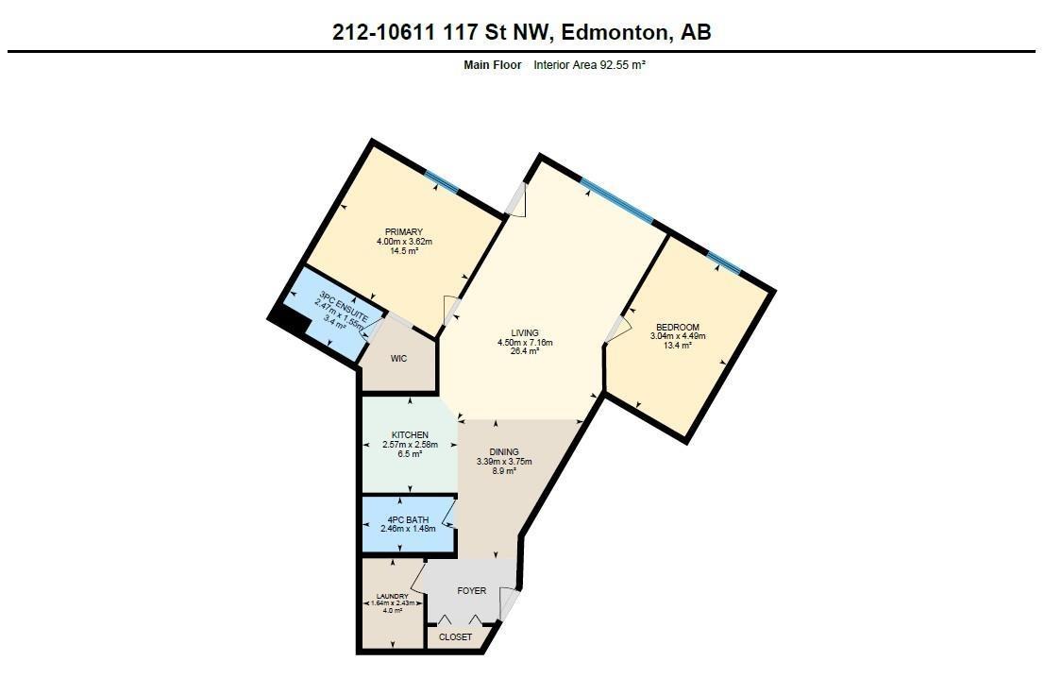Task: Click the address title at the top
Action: (x=522, y=31)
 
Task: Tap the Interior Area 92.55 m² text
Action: (x=589, y=65)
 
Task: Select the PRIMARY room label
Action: (x=403, y=232)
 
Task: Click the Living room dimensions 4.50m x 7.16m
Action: (x=525, y=342)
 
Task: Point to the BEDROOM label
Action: (x=677, y=327)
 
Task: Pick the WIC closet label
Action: (x=398, y=360)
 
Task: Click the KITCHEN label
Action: (x=410, y=435)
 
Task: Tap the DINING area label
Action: (x=503, y=452)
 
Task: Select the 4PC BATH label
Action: (x=407, y=518)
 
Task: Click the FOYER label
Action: (x=472, y=591)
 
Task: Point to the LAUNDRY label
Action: (x=392, y=596)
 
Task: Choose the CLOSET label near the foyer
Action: (x=455, y=637)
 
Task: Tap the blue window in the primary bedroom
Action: (x=441, y=181)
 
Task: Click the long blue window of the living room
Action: (x=616, y=201)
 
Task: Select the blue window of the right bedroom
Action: (x=724, y=261)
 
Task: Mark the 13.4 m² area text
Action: (x=677, y=346)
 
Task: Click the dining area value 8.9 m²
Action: (x=503, y=471)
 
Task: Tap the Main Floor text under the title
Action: (x=492, y=65)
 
